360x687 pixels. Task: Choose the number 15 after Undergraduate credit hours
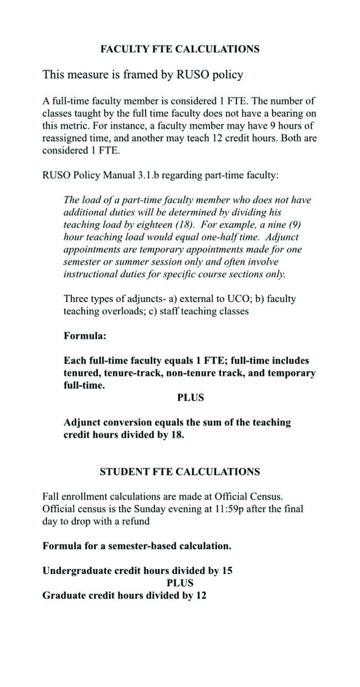227,571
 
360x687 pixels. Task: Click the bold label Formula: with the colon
85,336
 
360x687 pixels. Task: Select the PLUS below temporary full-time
191,398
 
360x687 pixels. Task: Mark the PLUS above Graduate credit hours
180,583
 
